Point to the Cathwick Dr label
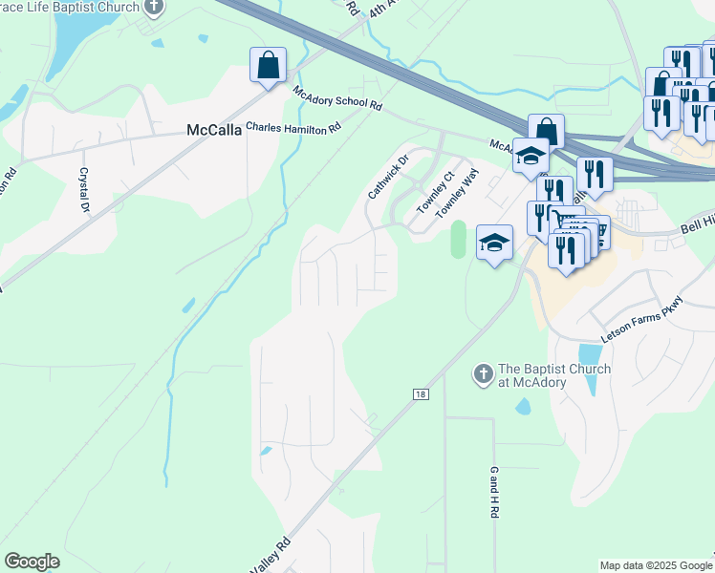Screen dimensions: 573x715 pos(388,177)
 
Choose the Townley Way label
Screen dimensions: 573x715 pos(456,194)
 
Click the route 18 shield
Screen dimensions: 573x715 pos(420,393)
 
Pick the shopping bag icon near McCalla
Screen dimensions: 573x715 pos(268,65)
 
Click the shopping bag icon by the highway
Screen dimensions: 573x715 pos(546,131)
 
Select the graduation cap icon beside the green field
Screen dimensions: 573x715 pos(494,243)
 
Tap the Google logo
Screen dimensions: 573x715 pos(32,562)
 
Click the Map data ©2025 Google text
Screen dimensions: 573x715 pos(656,565)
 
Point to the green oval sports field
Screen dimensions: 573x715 pos(458,239)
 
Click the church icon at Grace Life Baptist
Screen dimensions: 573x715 pos(154,6)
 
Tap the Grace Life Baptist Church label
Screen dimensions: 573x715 pos(67,6)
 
